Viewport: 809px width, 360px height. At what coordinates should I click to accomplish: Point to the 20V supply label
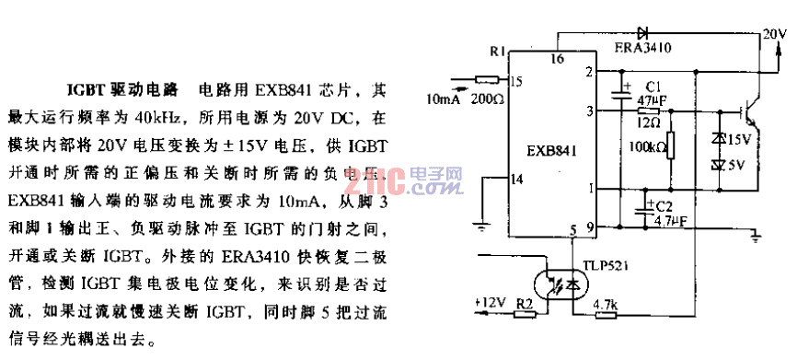pyautogui.click(x=775, y=34)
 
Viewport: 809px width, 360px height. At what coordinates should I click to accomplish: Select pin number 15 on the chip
pyautogui.click(x=515, y=82)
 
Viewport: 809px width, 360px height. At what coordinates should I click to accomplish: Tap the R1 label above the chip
pyautogui.click(x=497, y=53)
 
